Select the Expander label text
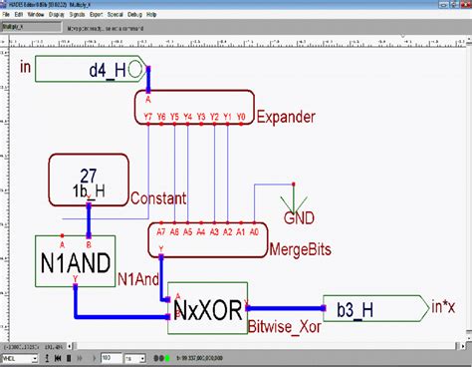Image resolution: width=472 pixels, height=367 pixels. point(286,117)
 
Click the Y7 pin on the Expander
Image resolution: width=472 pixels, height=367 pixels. point(148,116)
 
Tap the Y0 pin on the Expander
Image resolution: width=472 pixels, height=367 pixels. point(240,116)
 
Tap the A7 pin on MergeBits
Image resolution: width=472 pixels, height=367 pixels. point(161,230)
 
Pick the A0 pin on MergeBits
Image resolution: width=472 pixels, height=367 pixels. point(253,230)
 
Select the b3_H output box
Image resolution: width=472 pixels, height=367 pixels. point(362,310)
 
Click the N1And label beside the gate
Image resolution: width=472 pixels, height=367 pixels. point(136,278)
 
